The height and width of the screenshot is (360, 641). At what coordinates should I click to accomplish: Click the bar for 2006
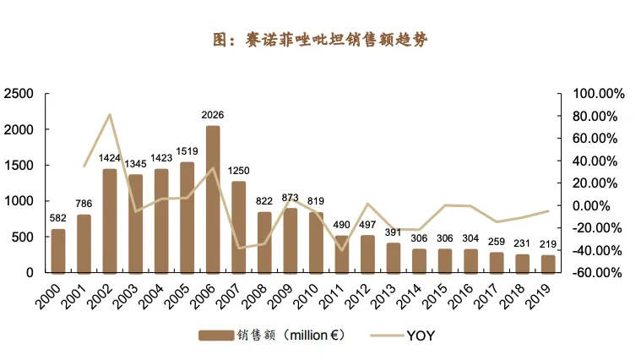[213, 199]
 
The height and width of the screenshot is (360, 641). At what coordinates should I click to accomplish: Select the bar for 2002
[110, 221]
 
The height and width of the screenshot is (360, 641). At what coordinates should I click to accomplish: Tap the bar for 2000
[58, 251]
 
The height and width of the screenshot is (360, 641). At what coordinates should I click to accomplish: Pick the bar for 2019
[548, 264]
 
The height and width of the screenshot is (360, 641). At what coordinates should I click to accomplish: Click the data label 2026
[213, 115]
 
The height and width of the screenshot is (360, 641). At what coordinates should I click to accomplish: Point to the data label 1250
[239, 171]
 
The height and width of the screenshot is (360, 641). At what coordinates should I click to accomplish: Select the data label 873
[291, 198]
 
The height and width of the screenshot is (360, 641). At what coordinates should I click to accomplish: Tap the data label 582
[58, 218]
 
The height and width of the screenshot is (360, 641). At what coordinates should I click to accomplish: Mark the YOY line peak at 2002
[110, 114]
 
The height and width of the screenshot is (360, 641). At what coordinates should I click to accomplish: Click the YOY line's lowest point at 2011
[342, 249]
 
